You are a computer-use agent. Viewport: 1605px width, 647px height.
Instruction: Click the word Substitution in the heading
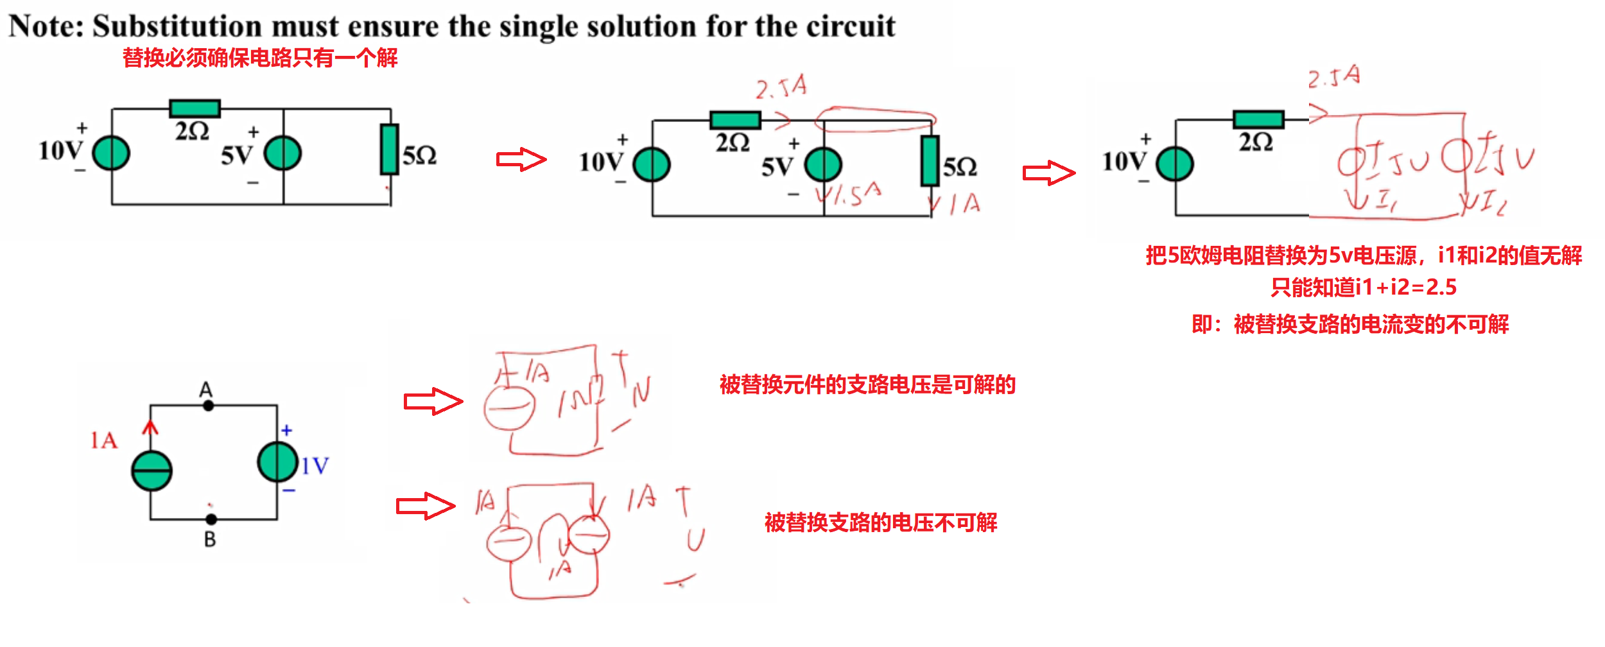(x=177, y=27)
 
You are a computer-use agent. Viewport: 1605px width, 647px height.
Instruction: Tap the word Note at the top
(x=44, y=27)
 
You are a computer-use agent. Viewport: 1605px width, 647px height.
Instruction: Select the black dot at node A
(x=208, y=406)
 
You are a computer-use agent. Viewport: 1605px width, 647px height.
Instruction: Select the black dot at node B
(x=211, y=519)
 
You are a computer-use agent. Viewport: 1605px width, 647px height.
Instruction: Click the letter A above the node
(x=205, y=389)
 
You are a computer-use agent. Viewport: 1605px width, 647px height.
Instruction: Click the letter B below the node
(x=210, y=540)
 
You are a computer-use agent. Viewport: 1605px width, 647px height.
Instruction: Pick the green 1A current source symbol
(x=152, y=470)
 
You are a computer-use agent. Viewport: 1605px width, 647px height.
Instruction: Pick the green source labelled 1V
(x=277, y=462)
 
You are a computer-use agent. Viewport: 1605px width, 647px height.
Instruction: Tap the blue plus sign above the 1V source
(x=287, y=431)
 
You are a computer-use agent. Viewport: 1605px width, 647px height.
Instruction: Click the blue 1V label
(x=315, y=466)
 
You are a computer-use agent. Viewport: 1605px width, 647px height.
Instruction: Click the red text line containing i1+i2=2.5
(x=1363, y=287)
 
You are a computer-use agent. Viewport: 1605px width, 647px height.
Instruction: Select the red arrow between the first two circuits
(x=521, y=159)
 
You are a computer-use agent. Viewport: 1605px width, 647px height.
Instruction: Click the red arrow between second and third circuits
(x=1048, y=173)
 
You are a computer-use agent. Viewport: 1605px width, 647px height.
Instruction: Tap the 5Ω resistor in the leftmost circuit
(x=389, y=150)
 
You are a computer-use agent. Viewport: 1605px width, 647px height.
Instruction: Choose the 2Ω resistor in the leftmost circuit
(x=195, y=108)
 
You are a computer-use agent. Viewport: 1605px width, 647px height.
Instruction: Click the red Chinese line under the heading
(x=260, y=58)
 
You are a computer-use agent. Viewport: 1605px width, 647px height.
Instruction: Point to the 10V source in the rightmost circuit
(x=1175, y=164)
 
